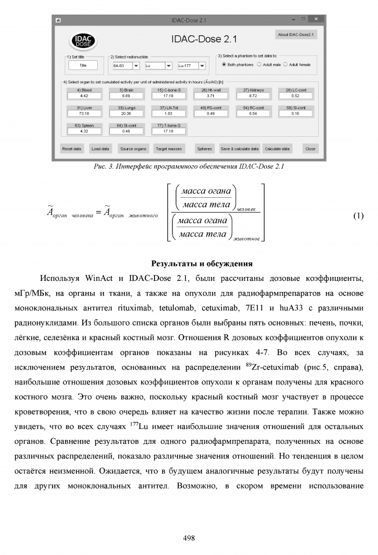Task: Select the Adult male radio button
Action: pyautogui.click(x=259, y=65)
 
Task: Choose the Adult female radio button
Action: pyautogui.click(x=286, y=65)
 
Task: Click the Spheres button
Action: pyautogui.click(x=204, y=149)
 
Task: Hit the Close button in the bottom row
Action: pyautogui.click(x=310, y=149)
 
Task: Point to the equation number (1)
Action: pyautogui.click(x=358, y=216)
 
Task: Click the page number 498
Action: pyautogui.click(x=189, y=537)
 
